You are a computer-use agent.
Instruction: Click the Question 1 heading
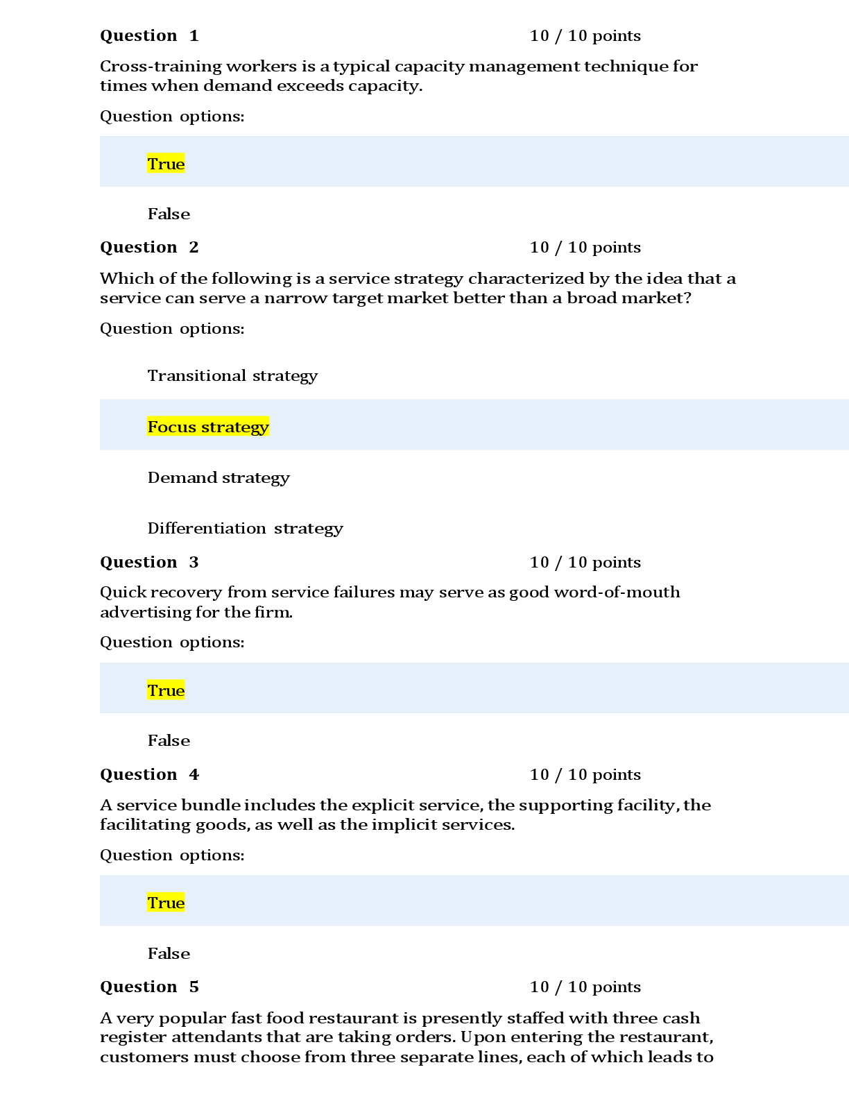pyautogui.click(x=149, y=35)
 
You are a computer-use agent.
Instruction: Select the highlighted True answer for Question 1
pyautogui.click(x=166, y=164)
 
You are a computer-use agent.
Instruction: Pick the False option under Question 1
pyautogui.click(x=169, y=214)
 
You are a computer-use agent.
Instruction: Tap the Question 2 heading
pyautogui.click(x=149, y=247)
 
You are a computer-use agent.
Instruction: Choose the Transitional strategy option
pyautogui.click(x=232, y=375)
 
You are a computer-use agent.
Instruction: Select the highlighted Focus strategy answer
pyautogui.click(x=208, y=427)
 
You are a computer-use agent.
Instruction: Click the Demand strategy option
pyautogui.click(x=218, y=477)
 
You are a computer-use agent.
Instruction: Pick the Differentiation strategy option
pyautogui.click(x=245, y=528)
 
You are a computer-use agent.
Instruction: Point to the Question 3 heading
pyautogui.click(x=149, y=562)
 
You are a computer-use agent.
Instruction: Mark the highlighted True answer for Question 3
pyautogui.click(x=166, y=690)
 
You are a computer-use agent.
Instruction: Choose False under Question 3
pyautogui.click(x=169, y=740)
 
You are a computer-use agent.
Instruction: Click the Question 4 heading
pyautogui.click(x=149, y=774)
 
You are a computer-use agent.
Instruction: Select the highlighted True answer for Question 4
pyautogui.click(x=166, y=903)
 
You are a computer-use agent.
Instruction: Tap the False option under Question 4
pyautogui.click(x=169, y=953)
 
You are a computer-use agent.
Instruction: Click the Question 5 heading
pyautogui.click(x=149, y=987)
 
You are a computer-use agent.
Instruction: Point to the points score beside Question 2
pyautogui.click(x=585, y=247)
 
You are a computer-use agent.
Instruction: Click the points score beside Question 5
pyautogui.click(x=585, y=987)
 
